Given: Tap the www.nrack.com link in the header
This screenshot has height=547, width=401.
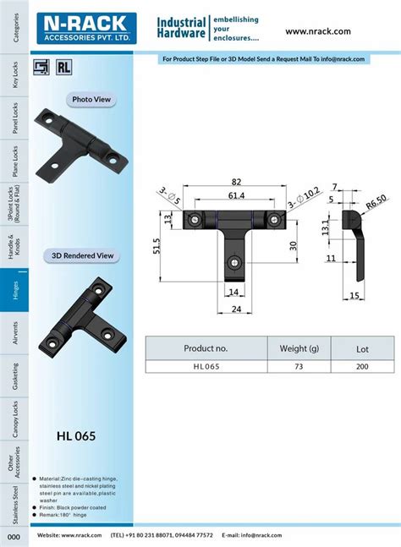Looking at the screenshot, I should point(317,31).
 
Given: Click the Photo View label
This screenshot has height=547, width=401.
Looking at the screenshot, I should point(92,100).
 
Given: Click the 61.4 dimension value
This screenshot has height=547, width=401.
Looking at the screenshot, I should point(236,196).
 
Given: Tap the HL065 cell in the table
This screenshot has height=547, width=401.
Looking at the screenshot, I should point(206,366).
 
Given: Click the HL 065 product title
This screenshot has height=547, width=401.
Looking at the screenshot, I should point(76,437).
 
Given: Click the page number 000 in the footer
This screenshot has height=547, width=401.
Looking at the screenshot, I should point(14,537).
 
